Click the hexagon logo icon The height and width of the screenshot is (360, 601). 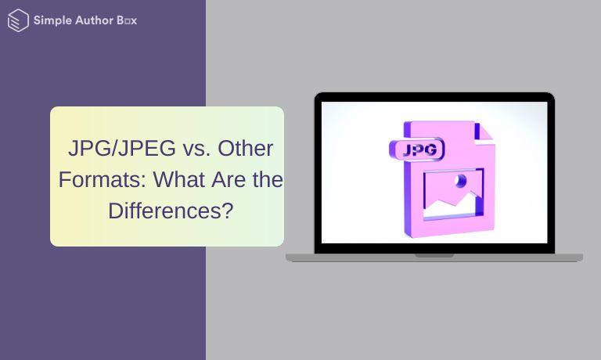coord(18,20)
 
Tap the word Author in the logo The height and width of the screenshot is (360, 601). coord(94,20)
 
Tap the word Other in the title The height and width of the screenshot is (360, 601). coord(245,149)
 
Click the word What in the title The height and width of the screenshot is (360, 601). coord(179,179)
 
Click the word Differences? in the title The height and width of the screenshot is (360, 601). coord(171,211)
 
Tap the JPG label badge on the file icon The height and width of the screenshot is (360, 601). coord(416,149)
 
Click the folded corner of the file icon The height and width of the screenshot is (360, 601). coord(484,133)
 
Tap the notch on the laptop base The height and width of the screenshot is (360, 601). coord(434,255)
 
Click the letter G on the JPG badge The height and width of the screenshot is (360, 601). coord(431,149)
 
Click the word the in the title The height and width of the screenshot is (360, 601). coord(268,179)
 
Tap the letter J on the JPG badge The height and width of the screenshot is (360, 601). coord(406,150)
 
